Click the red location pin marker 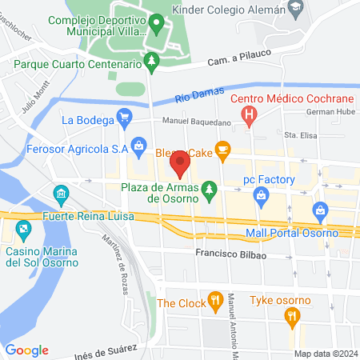(x=180, y=165)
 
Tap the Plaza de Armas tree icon (x=209, y=188)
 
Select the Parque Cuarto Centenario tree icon (x=150, y=62)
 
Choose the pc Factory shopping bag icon (x=260, y=194)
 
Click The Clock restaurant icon (x=214, y=302)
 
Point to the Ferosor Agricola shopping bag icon (x=140, y=146)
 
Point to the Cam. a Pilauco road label (x=235, y=55)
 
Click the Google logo (x=27, y=350)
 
